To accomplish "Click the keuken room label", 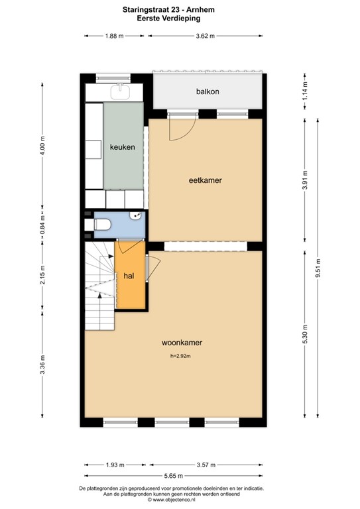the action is (123, 147).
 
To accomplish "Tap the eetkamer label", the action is (205, 180).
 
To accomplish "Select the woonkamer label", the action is (182, 343).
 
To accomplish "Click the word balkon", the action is (208, 91).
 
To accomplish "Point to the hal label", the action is (129, 276).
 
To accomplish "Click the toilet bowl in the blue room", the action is (102, 224).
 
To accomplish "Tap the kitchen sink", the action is (120, 91).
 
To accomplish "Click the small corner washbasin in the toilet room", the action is (136, 215).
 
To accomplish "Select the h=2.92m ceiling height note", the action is (180, 356).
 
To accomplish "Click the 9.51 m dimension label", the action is (318, 268).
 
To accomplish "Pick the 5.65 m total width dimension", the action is (173, 476).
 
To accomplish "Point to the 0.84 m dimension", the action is (42, 225).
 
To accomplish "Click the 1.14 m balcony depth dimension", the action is (305, 91).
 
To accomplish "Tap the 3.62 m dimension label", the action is (205, 36).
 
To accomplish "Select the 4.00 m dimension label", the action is (42, 145).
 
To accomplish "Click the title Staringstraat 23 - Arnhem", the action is (168, 10).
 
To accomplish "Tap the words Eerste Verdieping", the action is (168, 18).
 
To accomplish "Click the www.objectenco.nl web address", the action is (171, 500).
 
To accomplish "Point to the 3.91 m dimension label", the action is (305, 180).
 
